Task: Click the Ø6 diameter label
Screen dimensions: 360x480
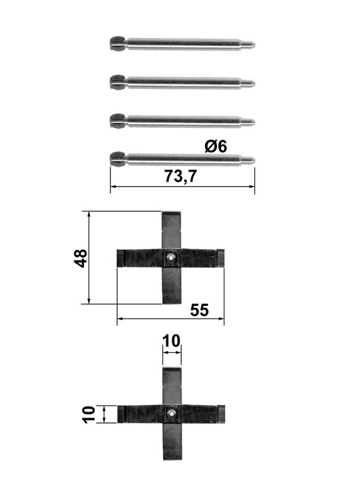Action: (x=216, y=146)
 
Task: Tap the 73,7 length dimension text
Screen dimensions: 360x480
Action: (x=181, y=176)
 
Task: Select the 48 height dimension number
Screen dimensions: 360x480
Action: (x=81, y=259)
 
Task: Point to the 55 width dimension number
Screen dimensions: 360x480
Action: (x=199, y=310)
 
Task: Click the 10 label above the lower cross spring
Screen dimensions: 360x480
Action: (x=172, y=341)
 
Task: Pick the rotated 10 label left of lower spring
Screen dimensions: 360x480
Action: (x=89, y=415)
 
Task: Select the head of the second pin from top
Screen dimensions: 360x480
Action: (x=118, y=82)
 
